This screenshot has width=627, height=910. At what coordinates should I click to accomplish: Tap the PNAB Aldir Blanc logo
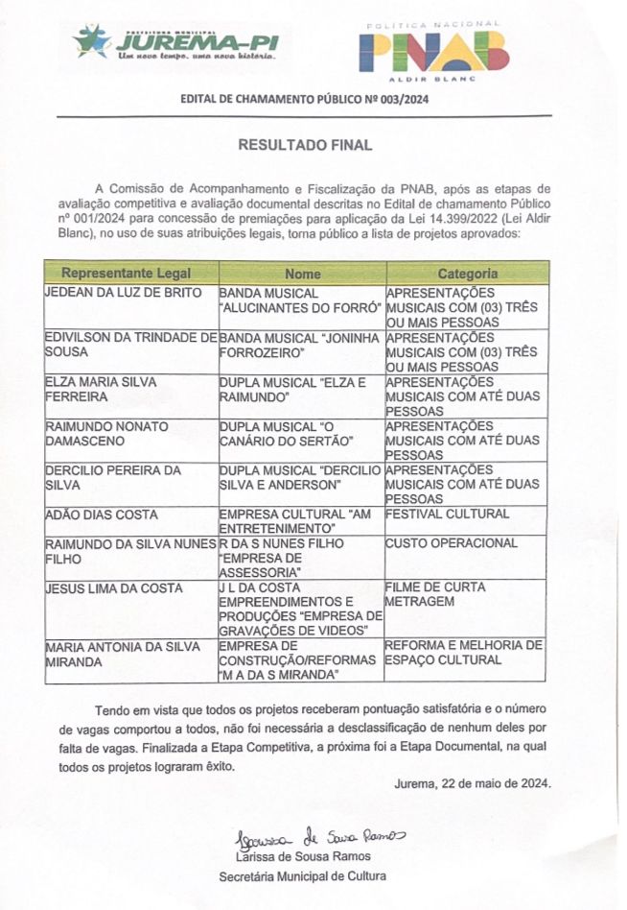point(432,51)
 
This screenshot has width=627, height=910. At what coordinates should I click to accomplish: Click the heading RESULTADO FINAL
point(304,145)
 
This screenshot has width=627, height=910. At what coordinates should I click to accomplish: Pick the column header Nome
point(302,274)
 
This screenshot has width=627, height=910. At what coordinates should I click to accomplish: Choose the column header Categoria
point(467,274)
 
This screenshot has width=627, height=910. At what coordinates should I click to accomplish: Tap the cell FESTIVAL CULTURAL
point(447,515)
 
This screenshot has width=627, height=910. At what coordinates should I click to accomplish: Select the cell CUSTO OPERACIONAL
point(451,543)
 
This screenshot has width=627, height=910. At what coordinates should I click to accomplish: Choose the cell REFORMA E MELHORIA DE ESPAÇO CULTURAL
point(463,653)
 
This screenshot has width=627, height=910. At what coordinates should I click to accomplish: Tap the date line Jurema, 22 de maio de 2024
point(473,783)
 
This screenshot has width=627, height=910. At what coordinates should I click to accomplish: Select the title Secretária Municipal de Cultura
point(302,876)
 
